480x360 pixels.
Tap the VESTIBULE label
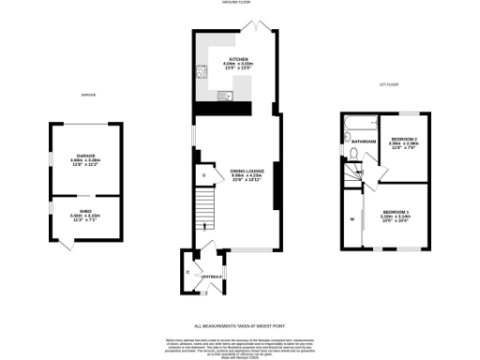tap(199, 277)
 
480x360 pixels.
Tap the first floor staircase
tap(353, 176)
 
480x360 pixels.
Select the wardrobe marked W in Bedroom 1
tap(353, 221)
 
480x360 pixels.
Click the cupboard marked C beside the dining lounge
tap(203, 175)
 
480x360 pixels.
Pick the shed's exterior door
tap(64, 243)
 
